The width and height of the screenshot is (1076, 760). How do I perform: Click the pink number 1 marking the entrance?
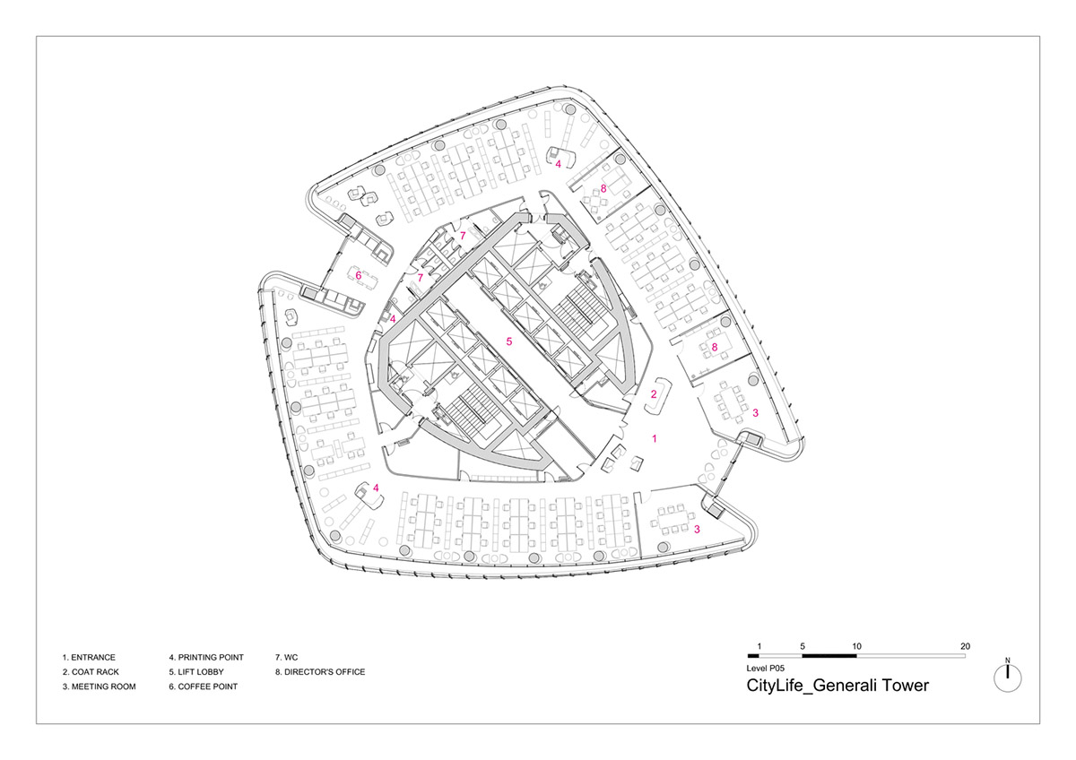point(655,438)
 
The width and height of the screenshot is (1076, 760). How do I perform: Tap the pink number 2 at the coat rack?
point(654,394)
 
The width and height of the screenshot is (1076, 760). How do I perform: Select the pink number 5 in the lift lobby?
point(509,341)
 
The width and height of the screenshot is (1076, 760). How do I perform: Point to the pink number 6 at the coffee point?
point(359,275)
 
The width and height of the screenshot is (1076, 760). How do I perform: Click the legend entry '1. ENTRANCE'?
point(89,657)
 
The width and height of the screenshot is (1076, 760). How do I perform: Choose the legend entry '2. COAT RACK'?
point(91,671)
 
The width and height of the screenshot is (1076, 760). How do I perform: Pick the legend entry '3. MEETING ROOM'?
point(99,687)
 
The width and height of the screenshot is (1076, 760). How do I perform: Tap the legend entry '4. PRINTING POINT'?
point(206,657)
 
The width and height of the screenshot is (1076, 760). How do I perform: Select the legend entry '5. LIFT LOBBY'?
point(196,671)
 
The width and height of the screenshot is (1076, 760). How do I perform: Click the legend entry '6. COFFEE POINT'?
point(204,687)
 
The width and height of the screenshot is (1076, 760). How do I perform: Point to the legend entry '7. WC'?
point(287,657)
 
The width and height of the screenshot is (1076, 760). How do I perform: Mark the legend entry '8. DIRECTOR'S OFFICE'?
point(320,671)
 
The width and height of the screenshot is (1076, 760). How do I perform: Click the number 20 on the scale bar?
point(965,646)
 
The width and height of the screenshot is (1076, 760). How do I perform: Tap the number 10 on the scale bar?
point(857,646)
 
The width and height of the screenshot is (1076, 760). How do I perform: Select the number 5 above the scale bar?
point(803,646)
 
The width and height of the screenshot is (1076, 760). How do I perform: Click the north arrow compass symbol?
point(1007,678)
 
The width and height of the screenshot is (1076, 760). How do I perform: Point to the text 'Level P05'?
point(765,668)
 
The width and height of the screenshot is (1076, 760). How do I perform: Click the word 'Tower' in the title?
point(905,685)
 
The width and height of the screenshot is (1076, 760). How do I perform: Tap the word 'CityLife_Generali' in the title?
point(811,687)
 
